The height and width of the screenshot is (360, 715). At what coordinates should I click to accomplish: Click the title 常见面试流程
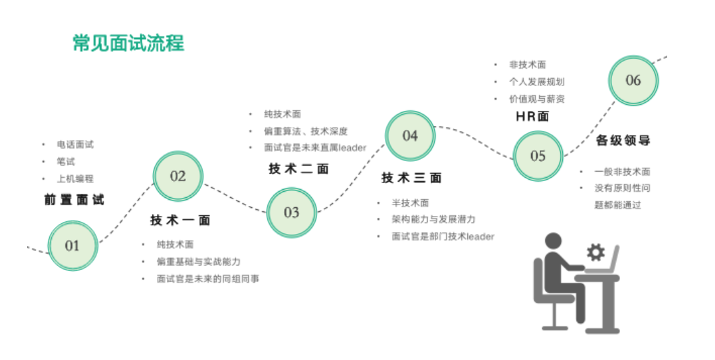(128, 44)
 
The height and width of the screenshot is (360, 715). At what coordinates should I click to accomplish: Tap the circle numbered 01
(73, 246)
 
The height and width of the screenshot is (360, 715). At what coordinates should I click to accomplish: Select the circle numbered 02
(178, 176)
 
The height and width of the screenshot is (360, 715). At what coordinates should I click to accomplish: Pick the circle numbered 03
(291, 213)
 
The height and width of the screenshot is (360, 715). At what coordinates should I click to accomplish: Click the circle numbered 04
(410, 136)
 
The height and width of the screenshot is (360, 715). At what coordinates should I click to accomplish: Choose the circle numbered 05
(538, 156)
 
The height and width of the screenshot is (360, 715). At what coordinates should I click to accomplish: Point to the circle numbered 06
(633, 81)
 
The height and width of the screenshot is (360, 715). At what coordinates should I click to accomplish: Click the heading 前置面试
(74, 200)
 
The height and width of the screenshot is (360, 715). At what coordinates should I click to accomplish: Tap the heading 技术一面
(180, 220)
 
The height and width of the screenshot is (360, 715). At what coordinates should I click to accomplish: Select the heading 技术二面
(299, 169)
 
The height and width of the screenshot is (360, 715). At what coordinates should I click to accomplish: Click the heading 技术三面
(411, 178)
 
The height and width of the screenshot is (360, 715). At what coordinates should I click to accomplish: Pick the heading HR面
(533, 116)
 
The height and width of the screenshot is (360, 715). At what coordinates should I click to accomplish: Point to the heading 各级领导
(623, 141)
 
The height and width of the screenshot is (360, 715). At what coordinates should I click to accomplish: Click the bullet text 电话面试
(75, 145)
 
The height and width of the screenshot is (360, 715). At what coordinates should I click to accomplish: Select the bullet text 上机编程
(75, 179)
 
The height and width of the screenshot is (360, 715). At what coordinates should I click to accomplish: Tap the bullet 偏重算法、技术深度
(306, 131)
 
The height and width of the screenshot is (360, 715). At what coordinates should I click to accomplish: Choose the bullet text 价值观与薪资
(537, 99)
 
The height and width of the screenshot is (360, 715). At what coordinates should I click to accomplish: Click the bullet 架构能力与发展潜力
(434, 219)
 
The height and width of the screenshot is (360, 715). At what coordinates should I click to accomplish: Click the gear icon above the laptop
(595, 252)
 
